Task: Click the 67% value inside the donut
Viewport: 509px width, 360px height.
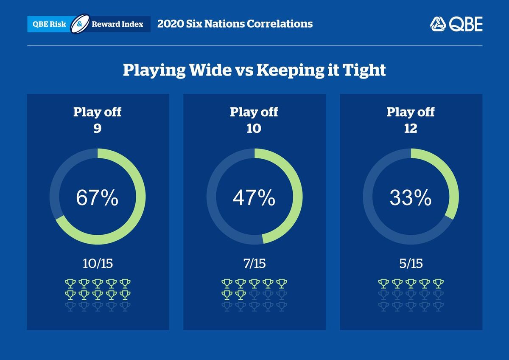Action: click(x=97, y=198)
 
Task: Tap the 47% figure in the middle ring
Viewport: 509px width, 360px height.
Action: click(x=254, y=198)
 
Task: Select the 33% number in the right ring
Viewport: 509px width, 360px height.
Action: click(x=411, y=198)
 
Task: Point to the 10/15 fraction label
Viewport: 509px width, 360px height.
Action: click(x=98, y=263)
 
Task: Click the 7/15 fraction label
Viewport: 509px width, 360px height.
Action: click(x=254, y=263)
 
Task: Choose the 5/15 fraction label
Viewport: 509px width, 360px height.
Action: click(x=411, y=263)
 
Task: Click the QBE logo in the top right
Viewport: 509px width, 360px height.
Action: click(x=456, y=24)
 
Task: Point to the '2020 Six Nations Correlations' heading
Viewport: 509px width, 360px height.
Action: click(x=235, y=24)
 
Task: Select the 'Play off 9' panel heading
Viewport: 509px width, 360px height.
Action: click(x=97, y=120)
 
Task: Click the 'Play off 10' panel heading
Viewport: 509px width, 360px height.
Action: click(x=254, y=120)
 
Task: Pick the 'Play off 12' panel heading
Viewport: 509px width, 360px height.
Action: click(x=411, y=120)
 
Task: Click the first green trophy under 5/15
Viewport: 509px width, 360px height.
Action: click(x=383, y=283)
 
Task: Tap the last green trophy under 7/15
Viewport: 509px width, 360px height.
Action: click(x=241, y=294)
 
